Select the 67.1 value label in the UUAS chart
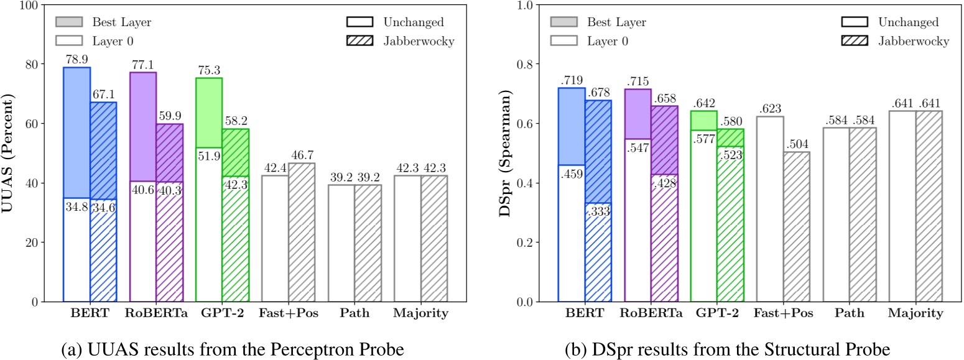coord(103,95)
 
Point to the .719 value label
coord(572,81)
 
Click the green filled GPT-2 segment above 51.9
coord(209,113)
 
